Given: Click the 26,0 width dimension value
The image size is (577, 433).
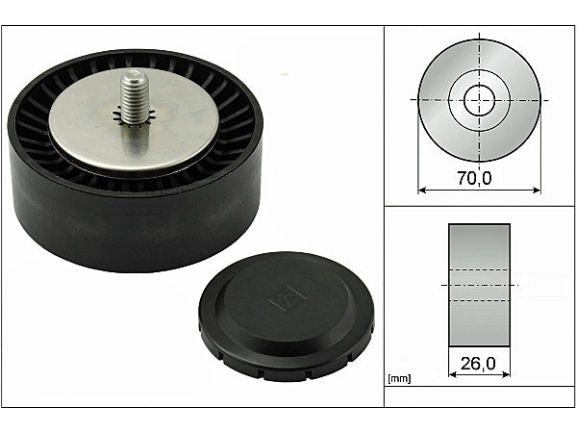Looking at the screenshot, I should click(477, 365).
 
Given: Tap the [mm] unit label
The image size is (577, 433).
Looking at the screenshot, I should click(398, 379).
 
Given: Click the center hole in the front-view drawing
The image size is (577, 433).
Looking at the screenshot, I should click(478, 99).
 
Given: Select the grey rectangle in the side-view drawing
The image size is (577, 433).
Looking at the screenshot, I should click(479, 285).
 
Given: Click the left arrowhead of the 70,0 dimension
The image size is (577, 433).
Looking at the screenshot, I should click(421, 191).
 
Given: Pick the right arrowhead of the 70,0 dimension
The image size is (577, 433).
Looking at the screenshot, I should click(536, 191).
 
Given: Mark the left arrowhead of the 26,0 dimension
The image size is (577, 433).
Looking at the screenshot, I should click(452, 376).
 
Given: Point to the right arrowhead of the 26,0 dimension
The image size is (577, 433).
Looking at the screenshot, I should click(506, 376).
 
